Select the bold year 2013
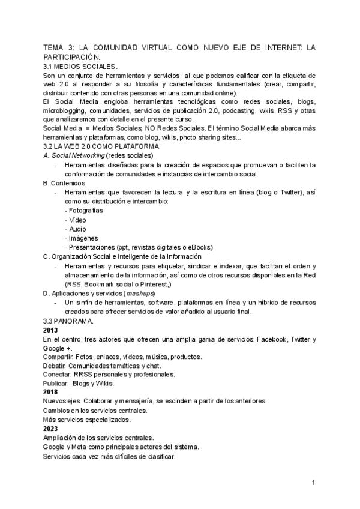coord(51,330)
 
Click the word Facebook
coord(277,339)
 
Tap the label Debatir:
coord(55,366)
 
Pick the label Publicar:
coord(56,383)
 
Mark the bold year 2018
coord(51,392)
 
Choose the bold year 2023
coord(51,429)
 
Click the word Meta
coord(80,447)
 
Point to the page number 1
coord(314,483)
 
